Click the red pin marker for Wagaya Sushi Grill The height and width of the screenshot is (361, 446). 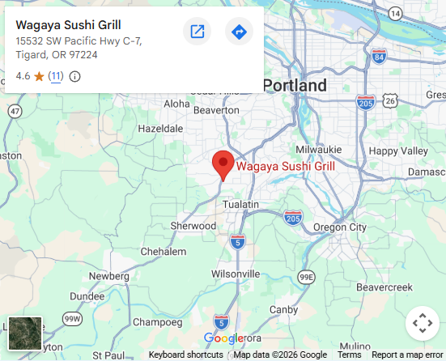223,164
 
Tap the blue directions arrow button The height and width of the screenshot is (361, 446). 239,32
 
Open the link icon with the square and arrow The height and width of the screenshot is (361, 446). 197,32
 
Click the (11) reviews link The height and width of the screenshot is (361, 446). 55,76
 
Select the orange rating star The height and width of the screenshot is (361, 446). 39,76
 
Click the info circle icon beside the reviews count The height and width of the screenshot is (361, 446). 74,76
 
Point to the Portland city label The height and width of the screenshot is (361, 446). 295,86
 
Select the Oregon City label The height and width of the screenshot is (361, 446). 340,227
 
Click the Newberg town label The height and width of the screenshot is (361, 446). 108,276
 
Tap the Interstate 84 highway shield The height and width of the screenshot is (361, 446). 379,56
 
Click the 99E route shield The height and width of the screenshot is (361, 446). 306,277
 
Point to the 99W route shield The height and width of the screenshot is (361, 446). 72,319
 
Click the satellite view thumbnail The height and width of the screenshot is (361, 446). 24,333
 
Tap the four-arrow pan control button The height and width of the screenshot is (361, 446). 422,324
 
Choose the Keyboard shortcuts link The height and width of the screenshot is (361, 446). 185,355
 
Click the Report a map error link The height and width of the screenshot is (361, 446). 407,355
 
